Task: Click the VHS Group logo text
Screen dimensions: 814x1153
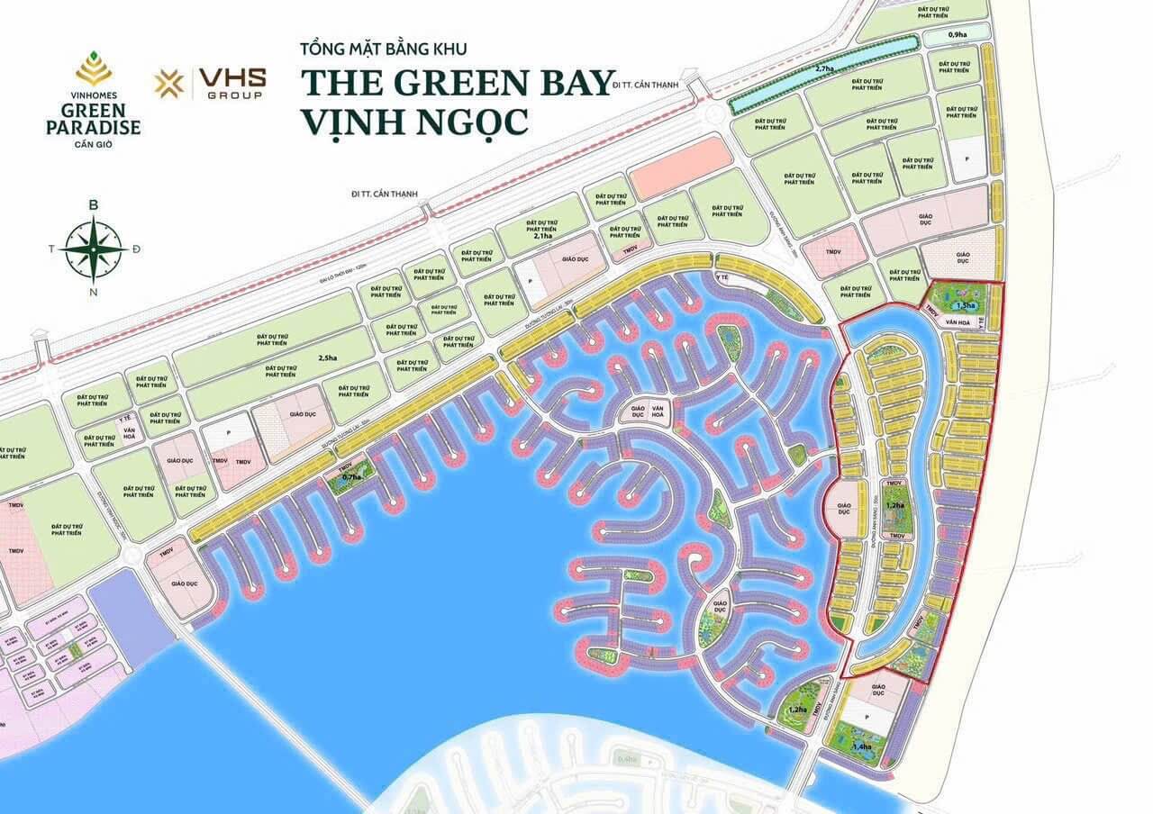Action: tap(234, 84)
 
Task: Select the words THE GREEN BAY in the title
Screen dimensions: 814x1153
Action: tap(458, 81)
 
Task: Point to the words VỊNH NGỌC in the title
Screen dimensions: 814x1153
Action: tap(414, 120)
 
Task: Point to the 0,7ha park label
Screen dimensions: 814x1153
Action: tap(351, 476)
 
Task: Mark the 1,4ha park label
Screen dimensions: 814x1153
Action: tap(862, 746)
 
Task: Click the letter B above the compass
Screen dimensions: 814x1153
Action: tap(93, 205)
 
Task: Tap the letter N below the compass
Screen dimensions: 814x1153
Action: tap(93, 290)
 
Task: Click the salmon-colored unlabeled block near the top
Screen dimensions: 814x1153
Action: tap(680, 167)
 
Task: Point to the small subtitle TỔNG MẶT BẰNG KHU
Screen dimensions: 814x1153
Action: tap(385, 47)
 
